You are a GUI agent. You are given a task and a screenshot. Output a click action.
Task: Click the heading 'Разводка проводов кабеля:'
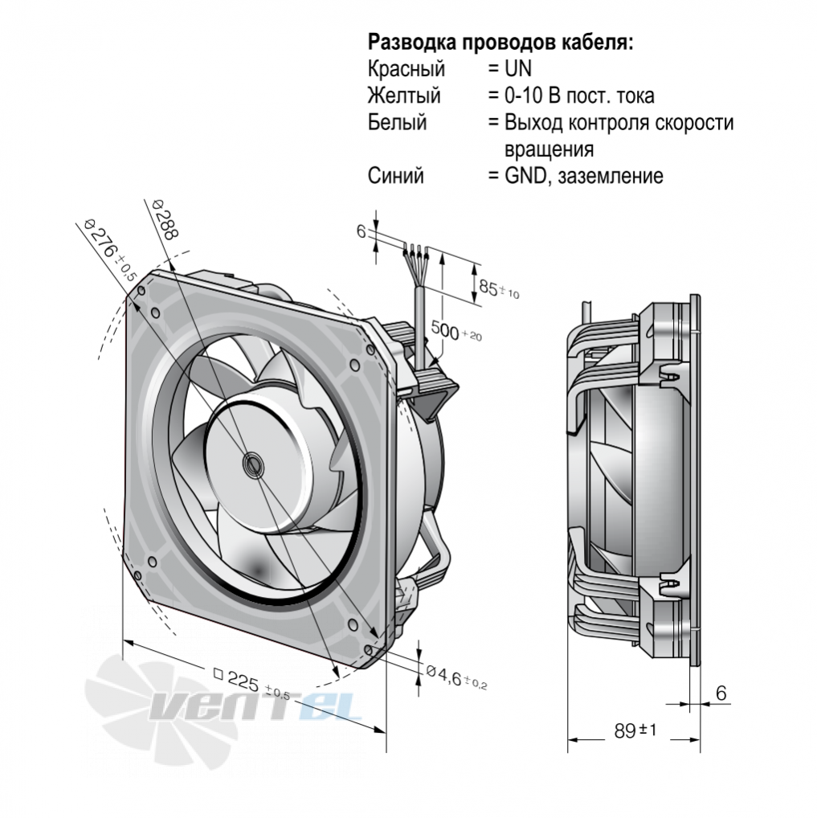(x=500, y=43)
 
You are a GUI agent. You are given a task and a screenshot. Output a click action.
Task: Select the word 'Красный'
(x=406, y=69)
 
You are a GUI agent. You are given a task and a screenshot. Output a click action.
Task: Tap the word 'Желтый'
(x=404, y=96)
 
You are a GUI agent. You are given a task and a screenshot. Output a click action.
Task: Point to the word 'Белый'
(x=397, y=122)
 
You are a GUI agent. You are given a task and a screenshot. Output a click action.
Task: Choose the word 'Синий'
(x=395, y=176)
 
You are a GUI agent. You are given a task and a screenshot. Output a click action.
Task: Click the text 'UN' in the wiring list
(x=517, y=69)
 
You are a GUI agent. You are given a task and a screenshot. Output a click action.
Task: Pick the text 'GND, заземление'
(x=584, y=176)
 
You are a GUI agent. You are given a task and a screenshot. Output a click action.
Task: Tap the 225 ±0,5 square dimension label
(x=251, y=684)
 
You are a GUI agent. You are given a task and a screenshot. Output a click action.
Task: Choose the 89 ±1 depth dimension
(x=635, y=730)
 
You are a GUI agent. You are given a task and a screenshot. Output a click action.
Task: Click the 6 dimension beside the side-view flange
(x=721, y=693)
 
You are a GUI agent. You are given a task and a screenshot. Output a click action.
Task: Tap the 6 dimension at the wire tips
(x=361, y=231)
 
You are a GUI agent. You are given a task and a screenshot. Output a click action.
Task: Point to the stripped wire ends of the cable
(x=415, y=252)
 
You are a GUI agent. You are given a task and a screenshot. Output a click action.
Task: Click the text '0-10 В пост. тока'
(x=579, y=96)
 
